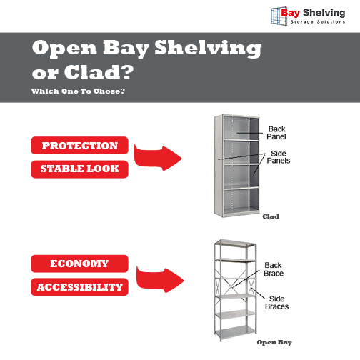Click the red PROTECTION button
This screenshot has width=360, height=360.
79,146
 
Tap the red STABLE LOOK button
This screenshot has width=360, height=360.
79,169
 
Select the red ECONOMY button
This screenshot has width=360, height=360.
79,264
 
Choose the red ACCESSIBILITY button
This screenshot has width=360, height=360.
79,287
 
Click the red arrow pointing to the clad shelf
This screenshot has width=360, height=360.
157,156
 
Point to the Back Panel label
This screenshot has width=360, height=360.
276,132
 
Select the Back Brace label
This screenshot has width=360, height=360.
274,269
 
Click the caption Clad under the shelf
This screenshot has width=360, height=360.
271,216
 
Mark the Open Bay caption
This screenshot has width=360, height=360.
275,342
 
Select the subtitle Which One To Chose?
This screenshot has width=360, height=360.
79,91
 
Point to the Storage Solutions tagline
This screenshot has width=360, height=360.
317,22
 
